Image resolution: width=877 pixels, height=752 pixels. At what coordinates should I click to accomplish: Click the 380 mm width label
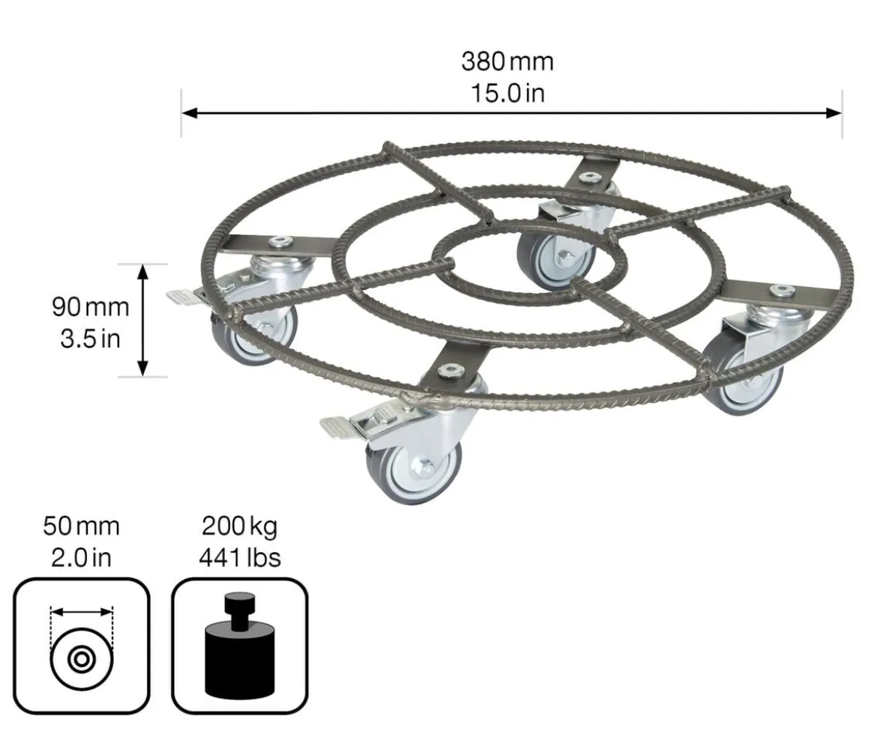click(x=507, y=61)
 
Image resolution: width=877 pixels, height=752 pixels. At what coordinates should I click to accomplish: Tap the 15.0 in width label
click(x=507, y=94)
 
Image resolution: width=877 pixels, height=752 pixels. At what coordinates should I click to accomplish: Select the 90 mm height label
click(x=91, y=307)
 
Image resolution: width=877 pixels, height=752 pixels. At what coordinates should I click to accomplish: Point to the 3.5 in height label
click(x=91, y=339)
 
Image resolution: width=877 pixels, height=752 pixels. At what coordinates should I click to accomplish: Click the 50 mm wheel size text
click(x=81, y=526)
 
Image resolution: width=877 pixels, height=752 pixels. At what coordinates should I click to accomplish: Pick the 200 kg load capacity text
click(x=239, y=527)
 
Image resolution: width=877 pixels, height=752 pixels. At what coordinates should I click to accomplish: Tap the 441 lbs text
click(x=239, y=557)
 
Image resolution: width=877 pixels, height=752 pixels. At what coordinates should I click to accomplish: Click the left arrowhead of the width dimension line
click(x=190, y=113)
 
